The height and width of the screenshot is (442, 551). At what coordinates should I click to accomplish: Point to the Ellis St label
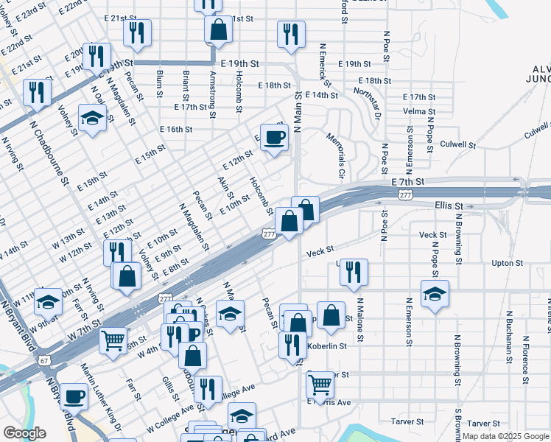point(449,206)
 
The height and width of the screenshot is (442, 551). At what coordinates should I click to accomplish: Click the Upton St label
point(507,263)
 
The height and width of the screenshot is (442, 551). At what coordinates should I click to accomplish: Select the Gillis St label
point(167,383)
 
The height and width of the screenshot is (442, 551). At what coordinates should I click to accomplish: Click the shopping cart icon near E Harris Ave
point(320,383)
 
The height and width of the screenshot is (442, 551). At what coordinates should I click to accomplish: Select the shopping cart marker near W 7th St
point(113,340)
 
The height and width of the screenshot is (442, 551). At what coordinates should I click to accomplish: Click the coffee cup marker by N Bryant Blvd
point(73,396)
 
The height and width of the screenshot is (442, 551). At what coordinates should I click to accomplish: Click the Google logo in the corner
point(24,432)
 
